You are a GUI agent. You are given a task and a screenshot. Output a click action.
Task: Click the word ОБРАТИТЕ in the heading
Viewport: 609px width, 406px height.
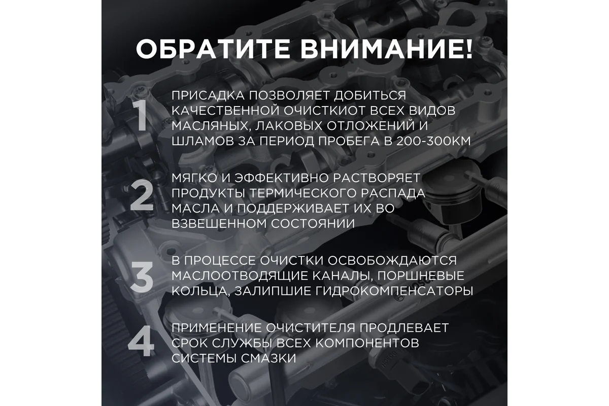[213, 49]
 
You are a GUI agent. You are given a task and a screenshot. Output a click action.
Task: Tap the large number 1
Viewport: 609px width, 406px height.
[141, 116]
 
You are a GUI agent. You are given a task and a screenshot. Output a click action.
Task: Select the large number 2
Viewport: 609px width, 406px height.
[142, 195]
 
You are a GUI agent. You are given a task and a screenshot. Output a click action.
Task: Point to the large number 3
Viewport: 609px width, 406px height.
[142, 277]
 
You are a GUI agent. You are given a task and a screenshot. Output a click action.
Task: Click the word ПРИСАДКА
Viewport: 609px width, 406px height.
[208, 95]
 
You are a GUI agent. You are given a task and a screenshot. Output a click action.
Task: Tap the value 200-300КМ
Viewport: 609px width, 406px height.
[433, 141]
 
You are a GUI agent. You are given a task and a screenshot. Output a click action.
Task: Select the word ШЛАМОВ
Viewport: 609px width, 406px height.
[203, 141]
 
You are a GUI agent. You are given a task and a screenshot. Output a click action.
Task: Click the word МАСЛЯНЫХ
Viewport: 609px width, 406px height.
[211, 126]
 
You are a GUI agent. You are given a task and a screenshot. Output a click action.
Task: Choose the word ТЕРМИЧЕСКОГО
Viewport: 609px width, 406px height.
[305, 193]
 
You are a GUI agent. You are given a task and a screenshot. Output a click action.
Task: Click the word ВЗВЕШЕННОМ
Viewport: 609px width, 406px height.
[219, 224]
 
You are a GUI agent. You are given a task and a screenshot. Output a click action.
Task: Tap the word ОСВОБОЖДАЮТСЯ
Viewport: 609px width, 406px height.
[392, 261]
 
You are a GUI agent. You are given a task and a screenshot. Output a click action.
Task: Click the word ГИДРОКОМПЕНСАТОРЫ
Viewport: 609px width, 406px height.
[394, 291]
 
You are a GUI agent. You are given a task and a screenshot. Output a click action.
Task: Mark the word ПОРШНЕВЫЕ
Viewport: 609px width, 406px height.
[421, 276]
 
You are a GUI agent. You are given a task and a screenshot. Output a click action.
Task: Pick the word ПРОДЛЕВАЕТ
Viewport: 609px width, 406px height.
[404, 328]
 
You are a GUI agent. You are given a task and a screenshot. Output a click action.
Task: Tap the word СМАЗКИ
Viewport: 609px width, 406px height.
[268, 358]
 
